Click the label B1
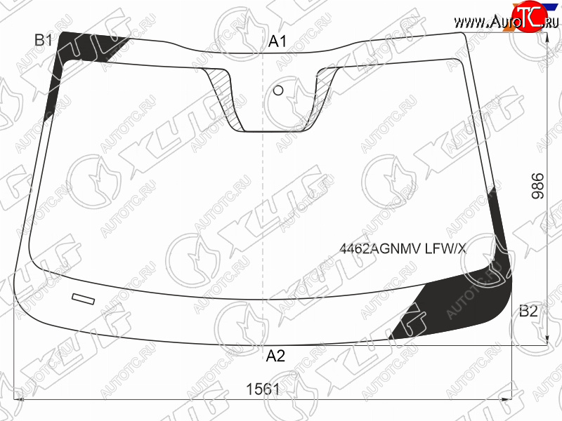[x=44, y=40]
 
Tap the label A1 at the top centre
[x=277, y=41]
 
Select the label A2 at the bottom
[x=275, y=356]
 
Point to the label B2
[x=528, y=311]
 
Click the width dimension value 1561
[x=263, y=389]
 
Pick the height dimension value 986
[x=537, y=186]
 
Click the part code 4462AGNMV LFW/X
[x=403, y=248]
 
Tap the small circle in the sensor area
[x=278, y=91]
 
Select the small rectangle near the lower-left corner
[x=84, y=299]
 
